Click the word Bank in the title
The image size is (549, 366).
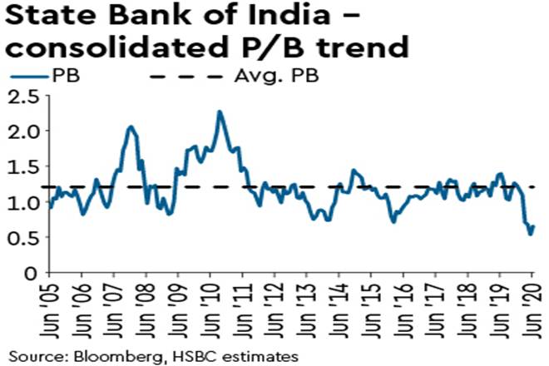133,17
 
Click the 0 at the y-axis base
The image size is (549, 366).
31,272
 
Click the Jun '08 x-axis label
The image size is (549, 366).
145,307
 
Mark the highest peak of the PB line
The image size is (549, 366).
220,111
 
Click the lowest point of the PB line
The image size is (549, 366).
530,235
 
